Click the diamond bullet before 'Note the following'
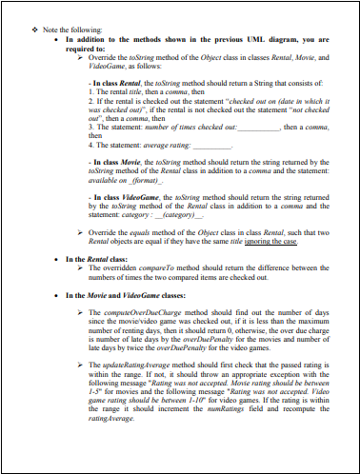[35, 28]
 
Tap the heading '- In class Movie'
[111, 163]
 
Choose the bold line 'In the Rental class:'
[97, 259]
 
